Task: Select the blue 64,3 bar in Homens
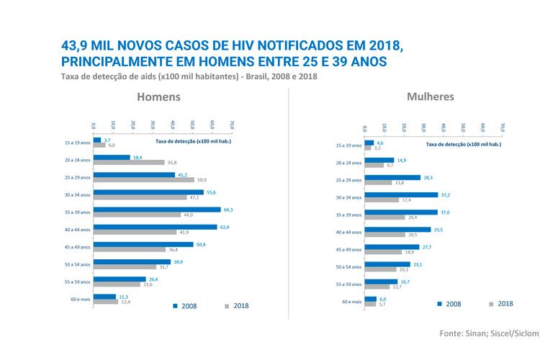click(x=158, y=210)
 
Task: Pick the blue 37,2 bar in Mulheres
click(x=401, y=194)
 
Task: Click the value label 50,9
click(x=201, y=180)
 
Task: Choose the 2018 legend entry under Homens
click(x=235, y=306)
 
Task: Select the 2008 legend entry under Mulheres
click(x=449, y=304)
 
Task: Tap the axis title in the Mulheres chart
click(x=463, y=144)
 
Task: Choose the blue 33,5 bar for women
click(x=397, y=230)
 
